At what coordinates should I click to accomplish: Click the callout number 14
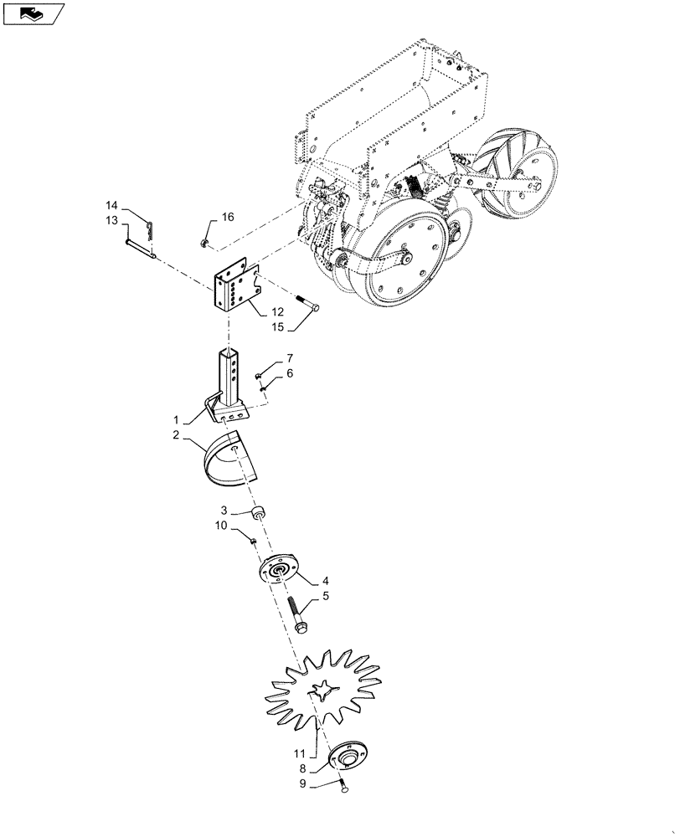pos(111,205)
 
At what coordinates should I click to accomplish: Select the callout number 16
pos(228,217)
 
